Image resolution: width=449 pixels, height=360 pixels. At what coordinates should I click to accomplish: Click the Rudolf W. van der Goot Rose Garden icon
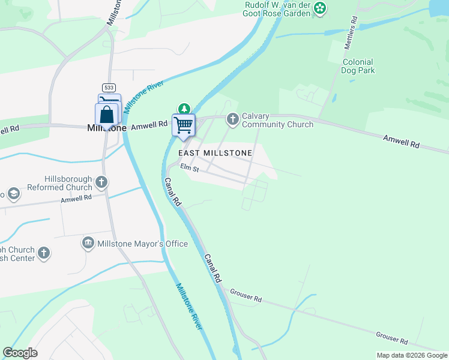[x=321, y=8]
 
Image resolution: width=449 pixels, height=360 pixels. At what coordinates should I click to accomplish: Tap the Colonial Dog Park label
[x=358, y=66]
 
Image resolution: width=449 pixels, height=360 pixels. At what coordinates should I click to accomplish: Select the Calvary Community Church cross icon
[x=233, y=120]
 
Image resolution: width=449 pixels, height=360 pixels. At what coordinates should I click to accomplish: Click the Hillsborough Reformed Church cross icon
[x=102, y=181]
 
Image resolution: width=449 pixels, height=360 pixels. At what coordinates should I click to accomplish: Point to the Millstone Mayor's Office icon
[x=88, y=243]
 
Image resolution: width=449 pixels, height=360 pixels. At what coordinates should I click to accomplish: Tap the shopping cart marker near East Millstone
[x=184, y=125]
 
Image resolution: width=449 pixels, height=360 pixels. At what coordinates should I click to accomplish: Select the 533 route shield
[x=109, y=87]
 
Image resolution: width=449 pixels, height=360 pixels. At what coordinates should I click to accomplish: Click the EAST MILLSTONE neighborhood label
[x=215, y=153]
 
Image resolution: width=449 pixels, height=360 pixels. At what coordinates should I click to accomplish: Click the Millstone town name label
[x=107, y=128]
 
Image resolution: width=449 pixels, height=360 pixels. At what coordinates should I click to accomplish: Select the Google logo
[x=20, y=353]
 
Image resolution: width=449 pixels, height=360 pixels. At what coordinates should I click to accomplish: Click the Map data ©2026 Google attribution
[x=412, y=355]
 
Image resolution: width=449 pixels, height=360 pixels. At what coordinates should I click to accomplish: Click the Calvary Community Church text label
[x=277, y=120]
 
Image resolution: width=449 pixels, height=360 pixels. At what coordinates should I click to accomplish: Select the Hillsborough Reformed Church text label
[x=68, y=183]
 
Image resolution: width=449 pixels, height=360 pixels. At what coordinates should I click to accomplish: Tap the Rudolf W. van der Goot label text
[x=278, y=8]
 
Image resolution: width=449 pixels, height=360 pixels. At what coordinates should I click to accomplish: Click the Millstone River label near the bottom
[x=189, y=305]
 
